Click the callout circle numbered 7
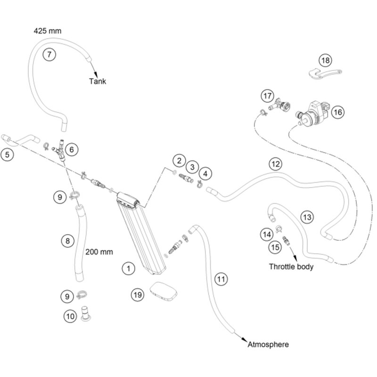tap(49, 54)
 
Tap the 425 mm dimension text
tap(48, 31)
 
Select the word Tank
tap(98, 81)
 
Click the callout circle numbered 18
tap(326, 60)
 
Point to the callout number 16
tap(337, 112)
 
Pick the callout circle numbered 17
tap(268, 96)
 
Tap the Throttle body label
tap(291, 267)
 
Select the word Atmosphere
tap(268, 344)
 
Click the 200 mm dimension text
tap(99, 252)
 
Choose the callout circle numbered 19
tap(137, 295)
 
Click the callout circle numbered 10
tap(70, 317)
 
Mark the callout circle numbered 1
tap(127, 269)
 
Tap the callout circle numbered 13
tap(307, 217)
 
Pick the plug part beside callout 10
tap(86, 313)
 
